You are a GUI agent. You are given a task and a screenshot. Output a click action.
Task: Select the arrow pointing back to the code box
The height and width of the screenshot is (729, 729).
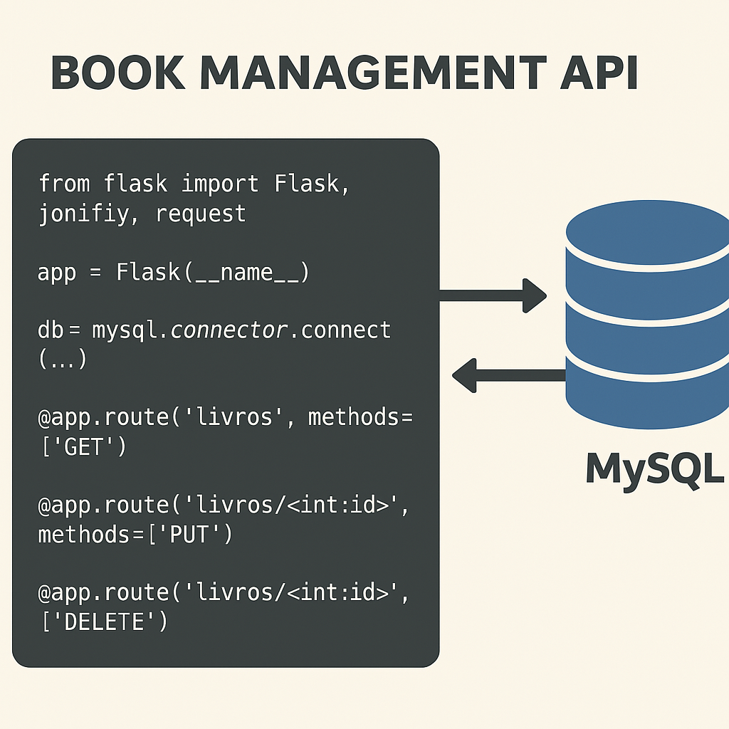point(508,375)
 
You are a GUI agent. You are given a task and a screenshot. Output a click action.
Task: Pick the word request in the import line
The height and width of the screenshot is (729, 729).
point(201,214)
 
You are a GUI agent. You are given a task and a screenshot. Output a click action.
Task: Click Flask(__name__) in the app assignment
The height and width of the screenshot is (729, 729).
point(212,273)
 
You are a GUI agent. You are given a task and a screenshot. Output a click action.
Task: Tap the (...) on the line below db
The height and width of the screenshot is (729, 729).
point(62,360)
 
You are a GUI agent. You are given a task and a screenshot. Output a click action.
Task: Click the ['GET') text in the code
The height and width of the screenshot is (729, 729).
point(81,448)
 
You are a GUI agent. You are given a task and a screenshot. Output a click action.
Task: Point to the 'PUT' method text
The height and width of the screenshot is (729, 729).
point(189,534)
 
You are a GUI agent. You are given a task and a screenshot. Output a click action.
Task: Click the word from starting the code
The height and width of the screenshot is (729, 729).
point(64,184)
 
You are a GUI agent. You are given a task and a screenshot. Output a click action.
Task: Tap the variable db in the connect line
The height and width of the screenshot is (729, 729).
point(51,330)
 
